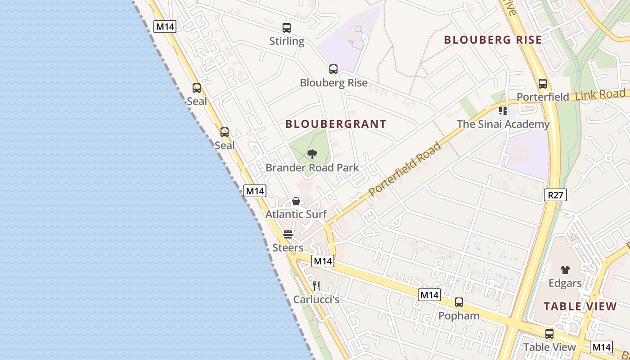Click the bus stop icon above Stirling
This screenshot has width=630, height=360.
(x=287, y=28)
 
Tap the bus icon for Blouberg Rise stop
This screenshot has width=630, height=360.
(x=333, y=69)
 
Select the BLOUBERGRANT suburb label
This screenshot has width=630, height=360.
(x=336, y=124)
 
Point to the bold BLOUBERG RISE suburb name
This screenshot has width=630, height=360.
(x=493, y=40)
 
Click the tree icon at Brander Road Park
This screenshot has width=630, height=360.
(x=312, y=154)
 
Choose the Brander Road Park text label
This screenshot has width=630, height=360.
(x=312, y=168)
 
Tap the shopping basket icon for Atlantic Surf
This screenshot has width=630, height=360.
(x=296, y=201)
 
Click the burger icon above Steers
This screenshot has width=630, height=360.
(x=288, y=234)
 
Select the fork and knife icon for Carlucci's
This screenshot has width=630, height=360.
(x=316, y=286)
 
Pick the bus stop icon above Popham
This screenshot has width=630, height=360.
(x=459, y=302)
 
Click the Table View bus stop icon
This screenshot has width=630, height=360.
(x=549, y=334)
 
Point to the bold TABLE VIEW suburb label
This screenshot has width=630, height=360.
(x=580, y=307)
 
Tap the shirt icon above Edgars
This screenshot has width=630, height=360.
(x=565, y=270)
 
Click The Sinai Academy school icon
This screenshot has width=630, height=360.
(x=503, y=110)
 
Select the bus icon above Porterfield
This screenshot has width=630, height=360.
(x=543, y=84)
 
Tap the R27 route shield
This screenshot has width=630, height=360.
(x=555, y=195)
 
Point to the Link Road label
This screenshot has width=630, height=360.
(x=600, y=95)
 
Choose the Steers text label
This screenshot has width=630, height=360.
(x=288, y=248)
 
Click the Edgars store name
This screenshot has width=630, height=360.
(x=565, y=283)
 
